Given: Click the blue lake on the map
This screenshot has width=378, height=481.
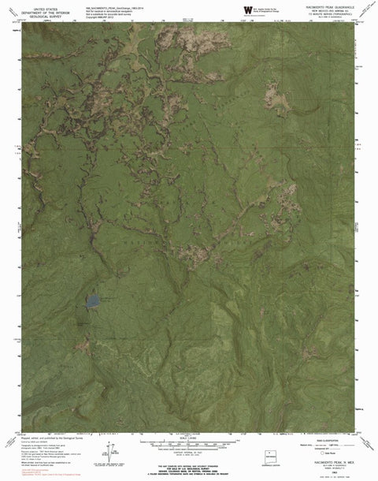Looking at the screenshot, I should pyautogui.click(x=92, y=301).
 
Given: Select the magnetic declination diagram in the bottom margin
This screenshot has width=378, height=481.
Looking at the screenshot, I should pyautogui.click(x=103, y=452).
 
